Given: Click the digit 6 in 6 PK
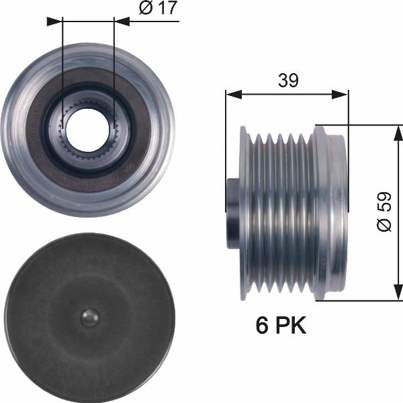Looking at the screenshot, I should (x=262, y=326).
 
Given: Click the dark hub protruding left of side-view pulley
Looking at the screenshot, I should (x=233, y=213).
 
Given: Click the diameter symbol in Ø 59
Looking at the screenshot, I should (x=384, y=226).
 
